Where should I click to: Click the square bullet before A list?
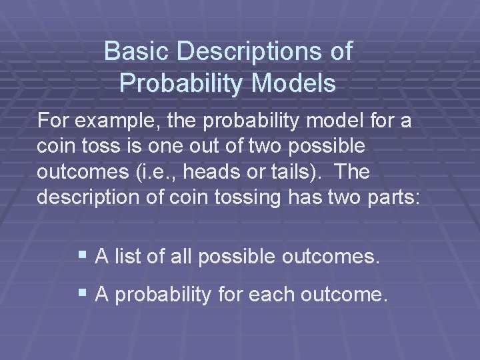point(83,255)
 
